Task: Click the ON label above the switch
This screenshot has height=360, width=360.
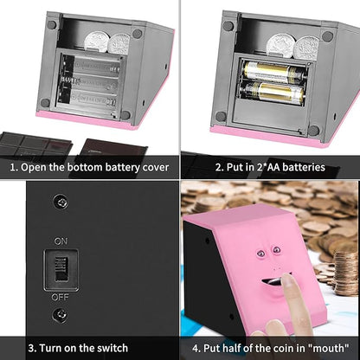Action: (x=61, y=241)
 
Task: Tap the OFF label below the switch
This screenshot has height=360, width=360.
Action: (x=60, y=297)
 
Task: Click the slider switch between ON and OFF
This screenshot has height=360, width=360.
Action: (x=61, y=269)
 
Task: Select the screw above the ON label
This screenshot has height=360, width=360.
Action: (x=61, y=202)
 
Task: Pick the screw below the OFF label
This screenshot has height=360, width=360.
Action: (x=60, y=315)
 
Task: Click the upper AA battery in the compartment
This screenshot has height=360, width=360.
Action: (x=272, y=72)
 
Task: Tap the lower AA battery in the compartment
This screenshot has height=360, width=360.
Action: (x=272, y=93)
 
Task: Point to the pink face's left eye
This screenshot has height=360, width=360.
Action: (x=261, y=254)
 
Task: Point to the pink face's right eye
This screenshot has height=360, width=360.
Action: (x=276, y=249)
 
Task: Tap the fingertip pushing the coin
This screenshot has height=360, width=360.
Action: (x=286, y=279)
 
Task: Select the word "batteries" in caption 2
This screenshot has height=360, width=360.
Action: (x=305, y=167)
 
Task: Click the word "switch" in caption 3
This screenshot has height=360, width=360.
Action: (x=112, y=348)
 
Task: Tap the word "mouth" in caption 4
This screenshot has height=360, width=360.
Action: (x=329, y=348)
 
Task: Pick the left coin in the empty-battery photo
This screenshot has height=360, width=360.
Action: (x=97, y=42)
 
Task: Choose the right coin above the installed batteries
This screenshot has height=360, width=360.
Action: (x=306, y=48)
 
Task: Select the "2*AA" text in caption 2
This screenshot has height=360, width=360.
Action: (x=270, y=167)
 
